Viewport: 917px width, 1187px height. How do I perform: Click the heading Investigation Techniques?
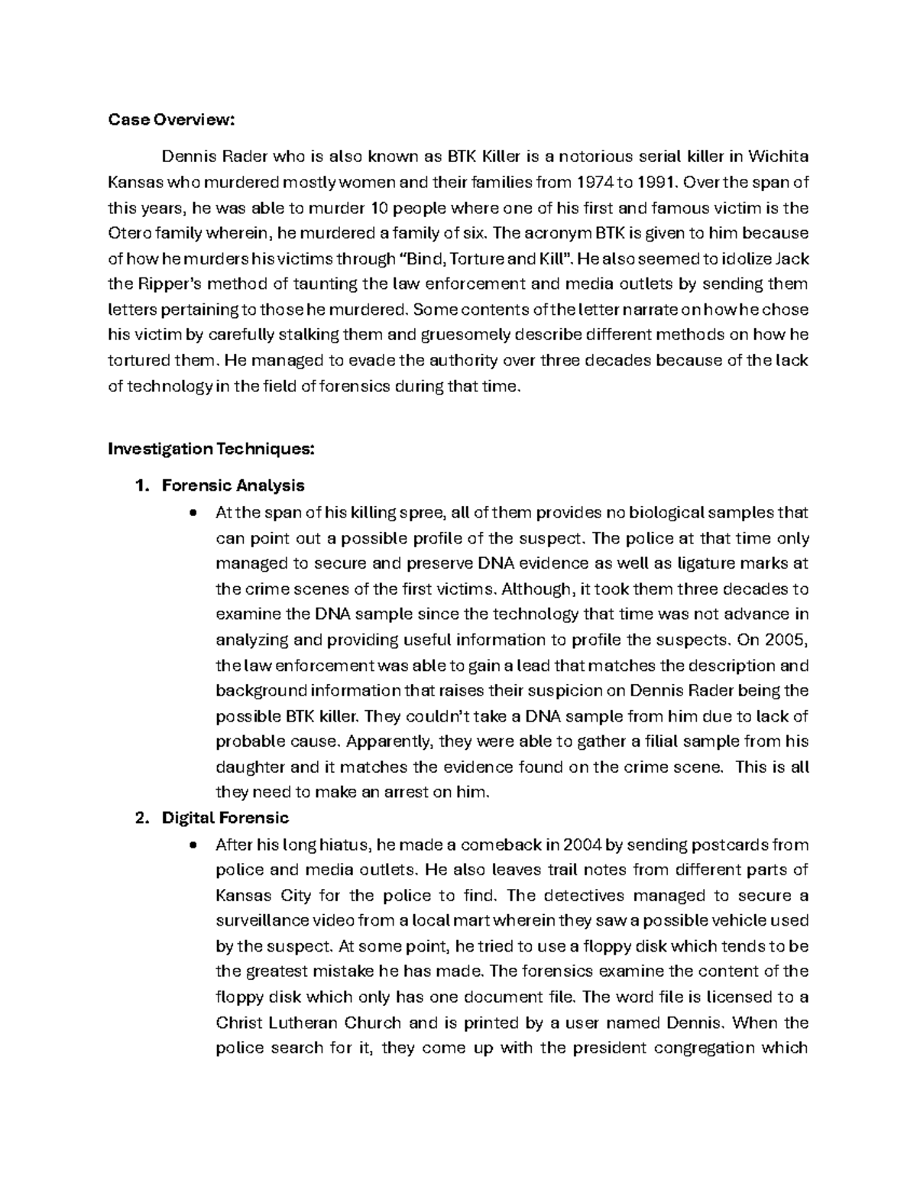pos(210,449)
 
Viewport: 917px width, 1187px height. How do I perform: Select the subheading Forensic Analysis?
pos(233,485)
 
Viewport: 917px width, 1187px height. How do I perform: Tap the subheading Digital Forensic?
pos(225,818)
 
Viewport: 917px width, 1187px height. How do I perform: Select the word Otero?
pos(128,233)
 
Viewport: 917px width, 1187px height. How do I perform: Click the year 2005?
pos(787,640)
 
